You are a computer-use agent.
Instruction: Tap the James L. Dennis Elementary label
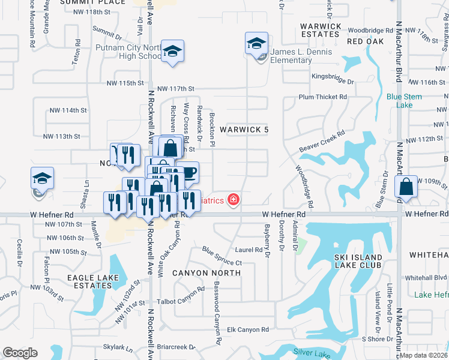point(299,56)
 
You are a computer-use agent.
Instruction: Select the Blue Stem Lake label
point(404,100)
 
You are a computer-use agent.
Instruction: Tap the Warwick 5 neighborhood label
point(244,130)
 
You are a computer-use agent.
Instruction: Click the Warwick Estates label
point(321,30)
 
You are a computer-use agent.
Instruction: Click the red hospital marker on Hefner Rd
point(232,200)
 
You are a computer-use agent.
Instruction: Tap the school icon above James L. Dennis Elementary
point(256,43)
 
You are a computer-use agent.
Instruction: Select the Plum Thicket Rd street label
point(323,97)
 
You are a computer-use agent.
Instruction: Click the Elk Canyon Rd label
point(248,329)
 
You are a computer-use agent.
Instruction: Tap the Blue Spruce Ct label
point(221,256)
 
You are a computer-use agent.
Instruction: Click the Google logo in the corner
point(20,353)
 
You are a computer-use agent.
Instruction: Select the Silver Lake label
point(308,352)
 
